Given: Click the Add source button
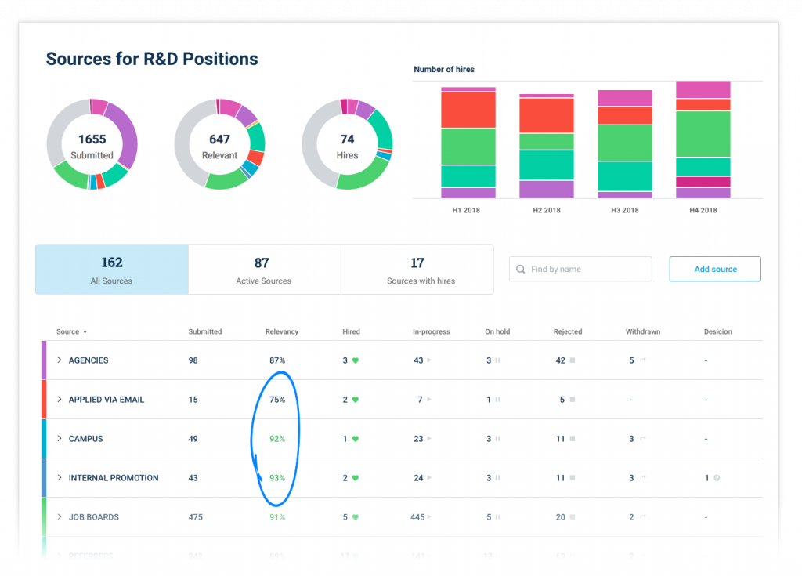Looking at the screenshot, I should pos(715,269).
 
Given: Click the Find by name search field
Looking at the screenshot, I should pos(580,269).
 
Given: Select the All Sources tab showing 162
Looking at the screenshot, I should pos(112,270).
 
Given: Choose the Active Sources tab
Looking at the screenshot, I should pos(264,270).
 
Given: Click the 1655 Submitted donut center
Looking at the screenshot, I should pos(92,146).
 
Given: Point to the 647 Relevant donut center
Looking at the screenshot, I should pos(219,146).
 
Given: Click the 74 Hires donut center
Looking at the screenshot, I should pos(347,146).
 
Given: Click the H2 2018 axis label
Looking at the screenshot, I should pos(547,210).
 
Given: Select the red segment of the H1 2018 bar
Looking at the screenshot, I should pos(468,110).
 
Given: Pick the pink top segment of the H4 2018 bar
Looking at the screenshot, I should pos(703,89).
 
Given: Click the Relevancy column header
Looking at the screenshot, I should pos(282,331).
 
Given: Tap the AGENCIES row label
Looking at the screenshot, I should pos(89,360).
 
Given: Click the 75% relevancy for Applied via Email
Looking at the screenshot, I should pos(277,400).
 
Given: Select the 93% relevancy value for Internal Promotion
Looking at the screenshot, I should pos(277,478).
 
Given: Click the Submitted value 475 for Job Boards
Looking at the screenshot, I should pos(197,517).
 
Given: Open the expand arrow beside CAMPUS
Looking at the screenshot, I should pos(59,439).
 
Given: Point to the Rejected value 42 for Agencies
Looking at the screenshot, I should pos(560,360).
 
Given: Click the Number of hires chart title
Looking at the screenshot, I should pos(444,70).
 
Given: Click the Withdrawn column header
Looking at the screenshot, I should pos(643,331).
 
